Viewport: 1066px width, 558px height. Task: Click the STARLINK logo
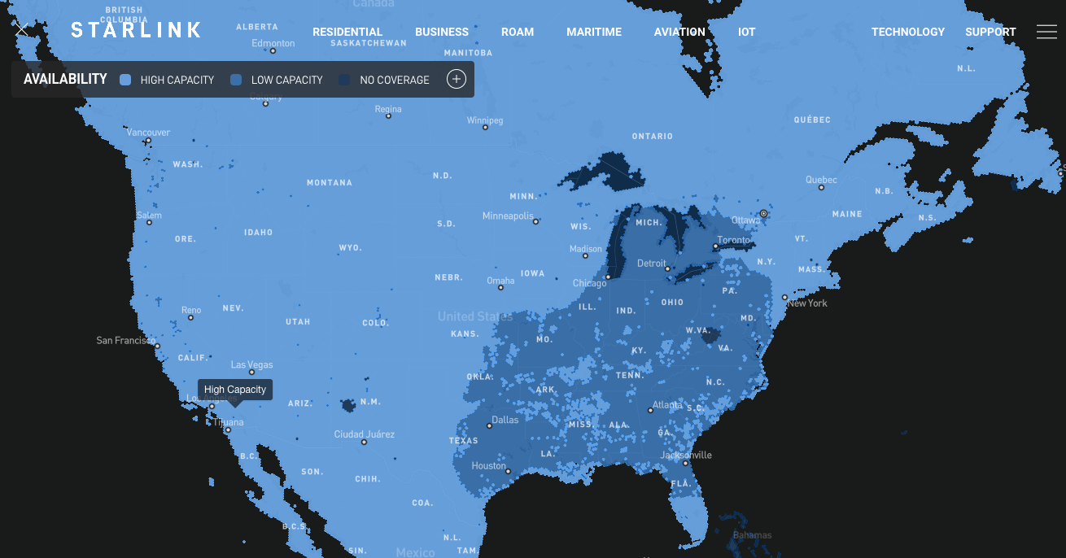[x=136, y=31]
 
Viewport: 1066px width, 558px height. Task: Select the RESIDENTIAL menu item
[x=347, y=32]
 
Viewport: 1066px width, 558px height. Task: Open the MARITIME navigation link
[x=594, y=32]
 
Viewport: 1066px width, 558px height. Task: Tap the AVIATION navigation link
[x=679, y=32]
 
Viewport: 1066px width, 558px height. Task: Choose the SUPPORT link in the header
[x=990, y=32]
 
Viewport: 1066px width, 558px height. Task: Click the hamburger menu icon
[x=1046, y=32]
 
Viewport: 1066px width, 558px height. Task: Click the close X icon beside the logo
[x=21, y=29]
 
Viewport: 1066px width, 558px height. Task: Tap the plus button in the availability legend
[x=457, y=79]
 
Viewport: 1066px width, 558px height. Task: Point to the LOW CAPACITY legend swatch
[x=236, y=80]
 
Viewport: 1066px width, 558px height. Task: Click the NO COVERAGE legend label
[x=395, y=80]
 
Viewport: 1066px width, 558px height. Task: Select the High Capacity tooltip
[x=235, y=390]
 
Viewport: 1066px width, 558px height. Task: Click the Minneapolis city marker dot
[x=536, y=221]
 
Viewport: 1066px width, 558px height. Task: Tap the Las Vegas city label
[x=252, y=364]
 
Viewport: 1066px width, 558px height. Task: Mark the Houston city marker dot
[x=508, y=471]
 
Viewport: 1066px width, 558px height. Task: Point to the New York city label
[x=807, y=303]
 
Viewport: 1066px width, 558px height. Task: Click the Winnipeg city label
[x=485, y=120]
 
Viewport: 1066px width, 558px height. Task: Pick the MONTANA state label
[x=330, y=183]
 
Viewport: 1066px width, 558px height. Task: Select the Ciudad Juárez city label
[x=365, y=434]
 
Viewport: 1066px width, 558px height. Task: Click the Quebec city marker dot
[x=822, y=188]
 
